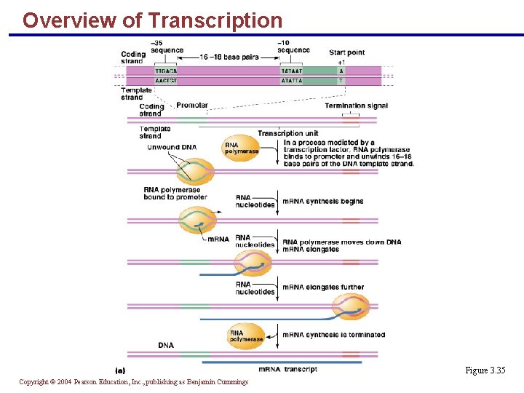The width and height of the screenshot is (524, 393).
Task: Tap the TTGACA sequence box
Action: pos(167,71)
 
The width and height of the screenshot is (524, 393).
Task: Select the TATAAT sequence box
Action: pos(292,71)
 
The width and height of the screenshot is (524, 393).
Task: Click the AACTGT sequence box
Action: pos(167,81)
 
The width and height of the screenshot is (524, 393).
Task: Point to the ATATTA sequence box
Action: pos(292,81)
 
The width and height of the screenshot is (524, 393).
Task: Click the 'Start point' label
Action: pos(346,52)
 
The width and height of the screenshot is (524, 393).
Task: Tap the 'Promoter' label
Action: pos(192,106)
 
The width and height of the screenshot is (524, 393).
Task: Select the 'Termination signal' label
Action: pos(356,106)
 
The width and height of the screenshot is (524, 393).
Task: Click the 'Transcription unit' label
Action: pos(287,133)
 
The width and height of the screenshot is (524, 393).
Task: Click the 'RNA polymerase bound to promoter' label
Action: pos(175,193)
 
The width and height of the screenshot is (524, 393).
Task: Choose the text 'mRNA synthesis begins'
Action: pos(322,202)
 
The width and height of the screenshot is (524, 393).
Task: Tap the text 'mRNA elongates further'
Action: pos(323,287)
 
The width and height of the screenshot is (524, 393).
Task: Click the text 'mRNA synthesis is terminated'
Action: pos(333,335)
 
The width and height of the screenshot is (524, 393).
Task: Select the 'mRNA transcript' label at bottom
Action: pos(287,370)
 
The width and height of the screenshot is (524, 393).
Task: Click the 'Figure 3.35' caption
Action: pos(485,370)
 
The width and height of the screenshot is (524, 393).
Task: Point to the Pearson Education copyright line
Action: pos(133,382)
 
